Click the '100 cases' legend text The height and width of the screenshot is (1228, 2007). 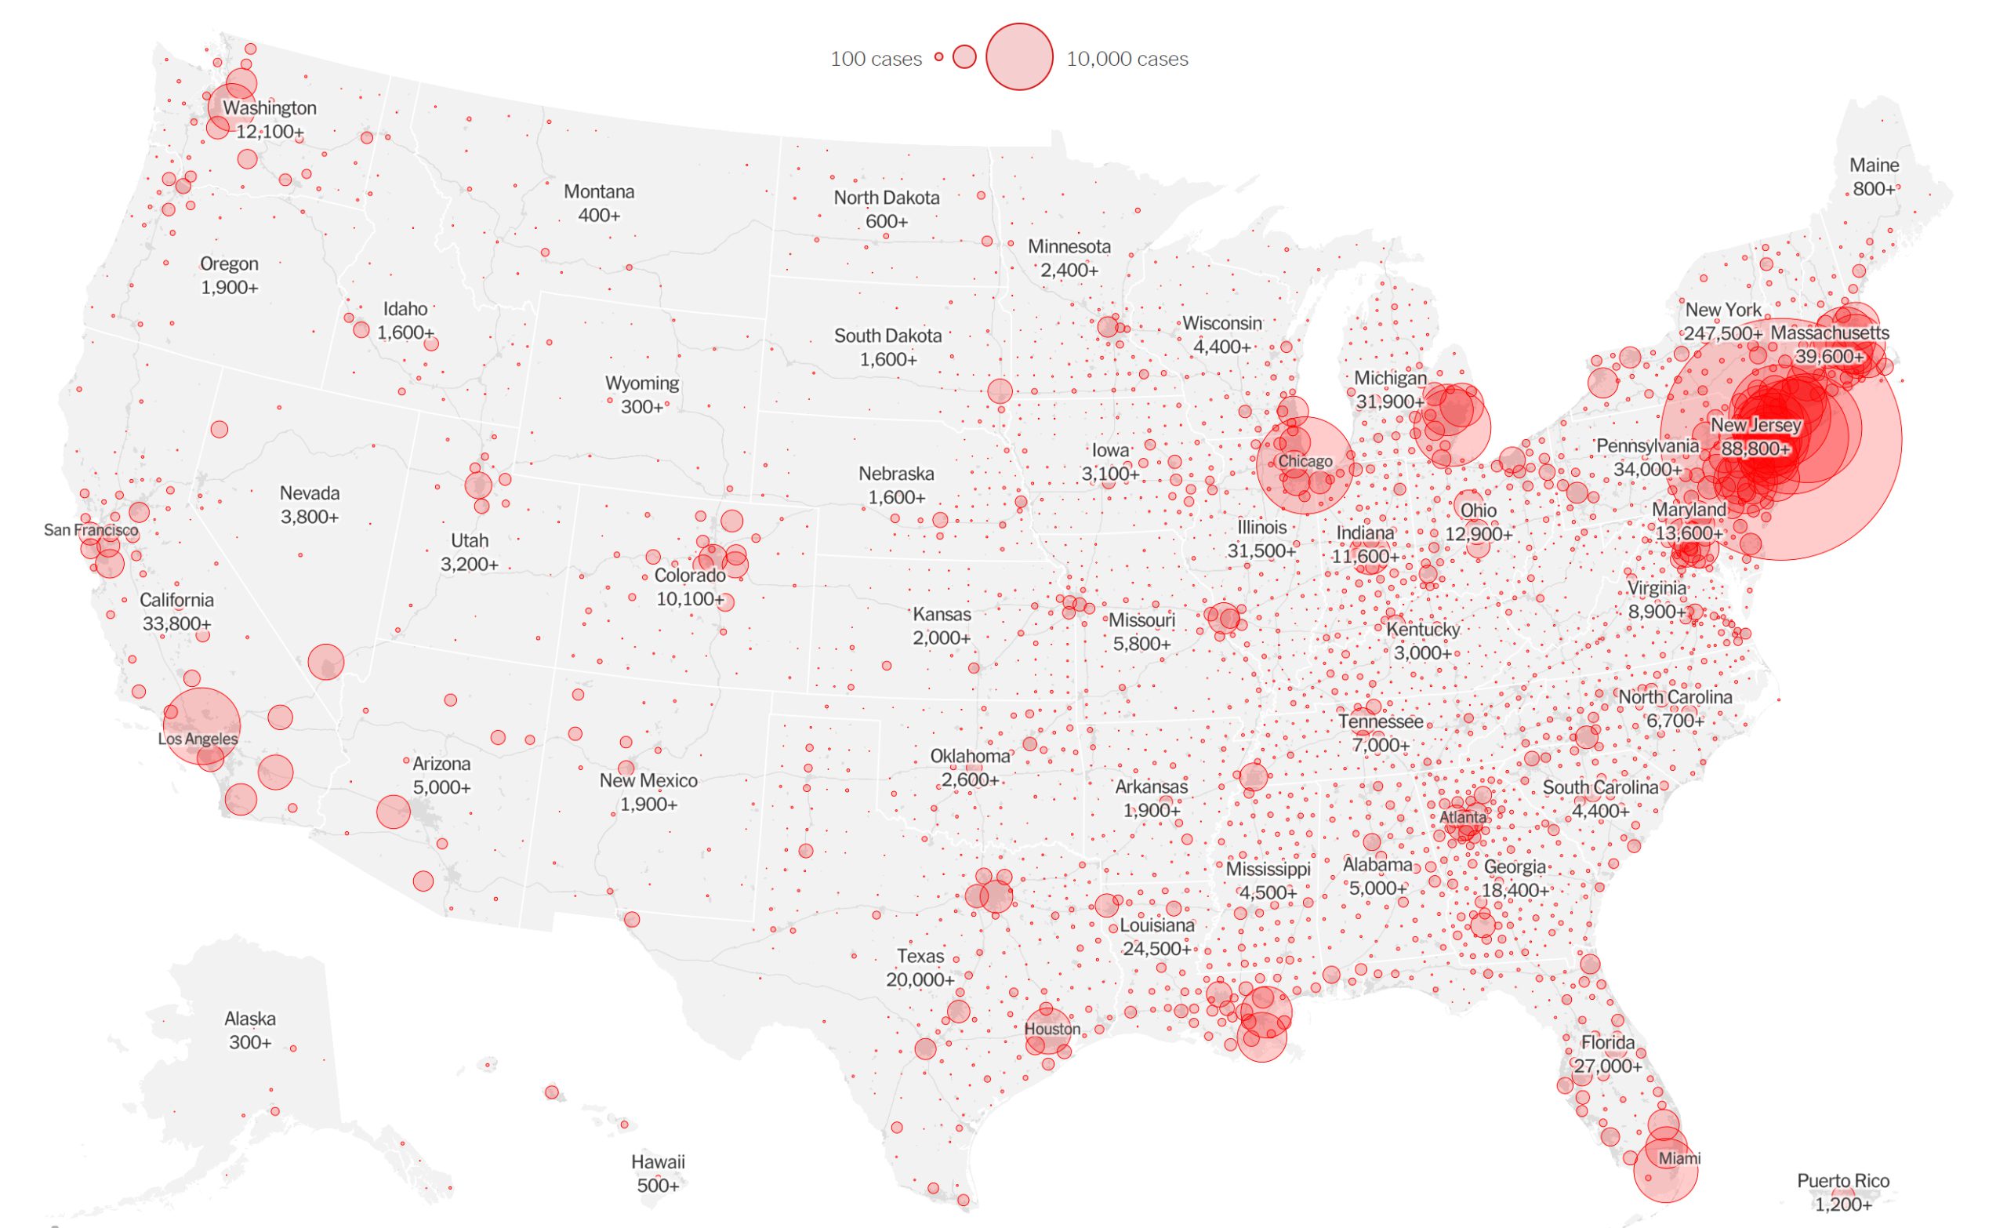876,59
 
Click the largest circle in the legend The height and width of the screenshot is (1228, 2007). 1019,57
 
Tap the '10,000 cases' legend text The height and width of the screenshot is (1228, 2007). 1127,59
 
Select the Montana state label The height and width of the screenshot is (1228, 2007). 599,191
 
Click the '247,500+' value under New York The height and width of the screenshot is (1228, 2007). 1722,333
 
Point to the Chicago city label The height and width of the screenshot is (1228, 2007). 1305,461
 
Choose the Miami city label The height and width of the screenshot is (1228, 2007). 1679,1158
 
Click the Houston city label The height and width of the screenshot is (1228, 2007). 1052,1028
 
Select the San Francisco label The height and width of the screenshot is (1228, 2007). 90,530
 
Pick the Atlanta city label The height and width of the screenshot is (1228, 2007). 1462,816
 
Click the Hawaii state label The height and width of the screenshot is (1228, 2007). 657,1161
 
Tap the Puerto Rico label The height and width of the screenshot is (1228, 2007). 1842,1181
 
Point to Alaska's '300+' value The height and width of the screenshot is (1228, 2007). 249,1042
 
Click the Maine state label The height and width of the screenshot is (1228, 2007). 1874,165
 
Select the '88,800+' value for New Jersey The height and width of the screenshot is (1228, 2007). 1755,449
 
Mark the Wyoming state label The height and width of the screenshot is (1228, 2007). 641,383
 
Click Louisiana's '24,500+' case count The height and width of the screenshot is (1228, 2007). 1156,949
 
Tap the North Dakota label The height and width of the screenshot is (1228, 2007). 886,197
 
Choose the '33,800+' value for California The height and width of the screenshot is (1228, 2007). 176,623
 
